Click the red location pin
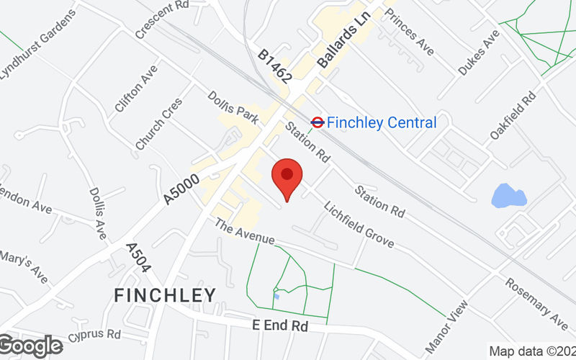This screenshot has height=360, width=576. pos(287,178)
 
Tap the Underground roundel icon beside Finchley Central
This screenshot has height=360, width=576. pos(317,122)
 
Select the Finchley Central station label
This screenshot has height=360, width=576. pos(382,122)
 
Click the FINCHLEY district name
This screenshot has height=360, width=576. pos(166,295)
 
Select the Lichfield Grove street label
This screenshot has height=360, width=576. pos(359,223)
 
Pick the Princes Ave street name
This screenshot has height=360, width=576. pos(410,32)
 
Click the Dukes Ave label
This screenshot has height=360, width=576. pos(479,52)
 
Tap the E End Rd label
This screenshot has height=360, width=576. pos(280,325)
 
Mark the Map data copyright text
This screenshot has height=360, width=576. pos(532,351)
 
